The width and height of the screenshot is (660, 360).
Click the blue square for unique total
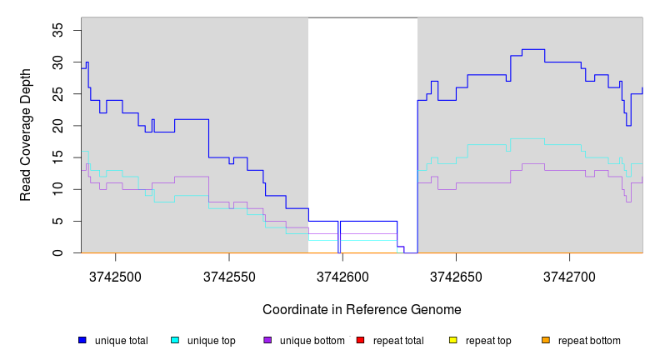(82, 341)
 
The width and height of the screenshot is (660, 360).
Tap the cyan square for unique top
(175, 341)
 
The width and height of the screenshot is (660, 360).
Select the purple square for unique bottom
(267, 341)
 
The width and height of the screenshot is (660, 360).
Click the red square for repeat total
(360, 341)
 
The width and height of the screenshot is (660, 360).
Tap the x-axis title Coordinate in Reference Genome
(362, 309)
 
